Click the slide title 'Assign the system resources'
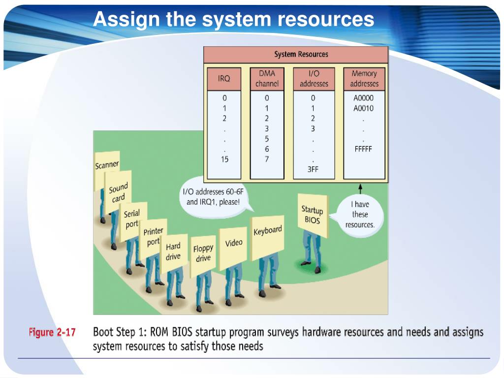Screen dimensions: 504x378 pyautogui.click(x=233, y=19)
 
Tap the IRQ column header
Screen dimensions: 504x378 pyautogui.click(x=224, y=78)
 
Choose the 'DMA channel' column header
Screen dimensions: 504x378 pyautogui.click(x=267, y=78)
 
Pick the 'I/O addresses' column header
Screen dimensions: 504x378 pyautogui.click(x=314, y=78)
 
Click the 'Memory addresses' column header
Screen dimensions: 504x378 pyautogui.click(x=364, y=78)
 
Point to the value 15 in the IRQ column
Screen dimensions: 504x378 pyautogui.click(x=224, y=159)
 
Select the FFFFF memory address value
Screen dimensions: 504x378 pyautogui.click(x=363, y=149)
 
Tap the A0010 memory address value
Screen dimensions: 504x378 pyautogui.click(x=363, y=108)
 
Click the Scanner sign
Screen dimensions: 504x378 pyautogui.click(x=107, y=165)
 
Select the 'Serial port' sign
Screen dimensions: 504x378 pyautogui.click(x=132, y=219)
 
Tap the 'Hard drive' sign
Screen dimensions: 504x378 pyautogui.click(x=173, y=251)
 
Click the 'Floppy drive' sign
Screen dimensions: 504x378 pyautogui.click(x=203, y=253)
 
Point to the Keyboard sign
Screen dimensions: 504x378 pyautogui.click(x=268, y=231)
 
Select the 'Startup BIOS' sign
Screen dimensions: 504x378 pyautogui.click(x=311, y=215)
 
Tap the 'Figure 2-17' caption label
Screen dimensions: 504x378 pyautogui.click(x=52, y=333)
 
